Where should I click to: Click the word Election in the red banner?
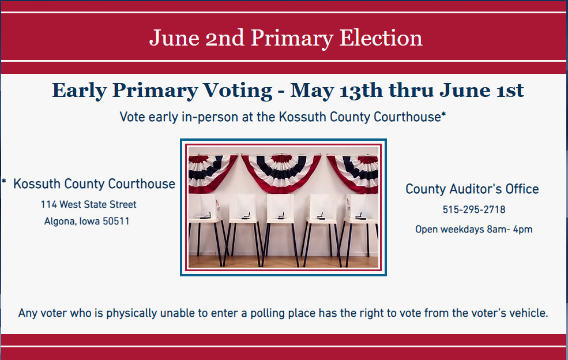(381, 37)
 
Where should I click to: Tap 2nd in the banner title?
(224, 37)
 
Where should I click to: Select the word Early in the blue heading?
(80, 91)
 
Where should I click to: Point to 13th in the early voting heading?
(361, 90)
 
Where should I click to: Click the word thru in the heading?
(411, 90)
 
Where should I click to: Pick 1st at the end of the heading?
(510, 90)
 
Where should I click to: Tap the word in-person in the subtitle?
(217, 117)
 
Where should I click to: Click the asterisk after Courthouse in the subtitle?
(443, 114)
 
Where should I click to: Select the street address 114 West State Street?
(88, 204)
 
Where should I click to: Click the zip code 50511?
(116, 221)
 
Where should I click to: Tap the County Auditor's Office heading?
(472, 189)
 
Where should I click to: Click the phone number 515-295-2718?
(474, 209)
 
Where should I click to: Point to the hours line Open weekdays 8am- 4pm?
(474, 230)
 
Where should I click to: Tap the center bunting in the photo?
(281, 172)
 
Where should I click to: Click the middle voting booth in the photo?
(280, 225)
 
